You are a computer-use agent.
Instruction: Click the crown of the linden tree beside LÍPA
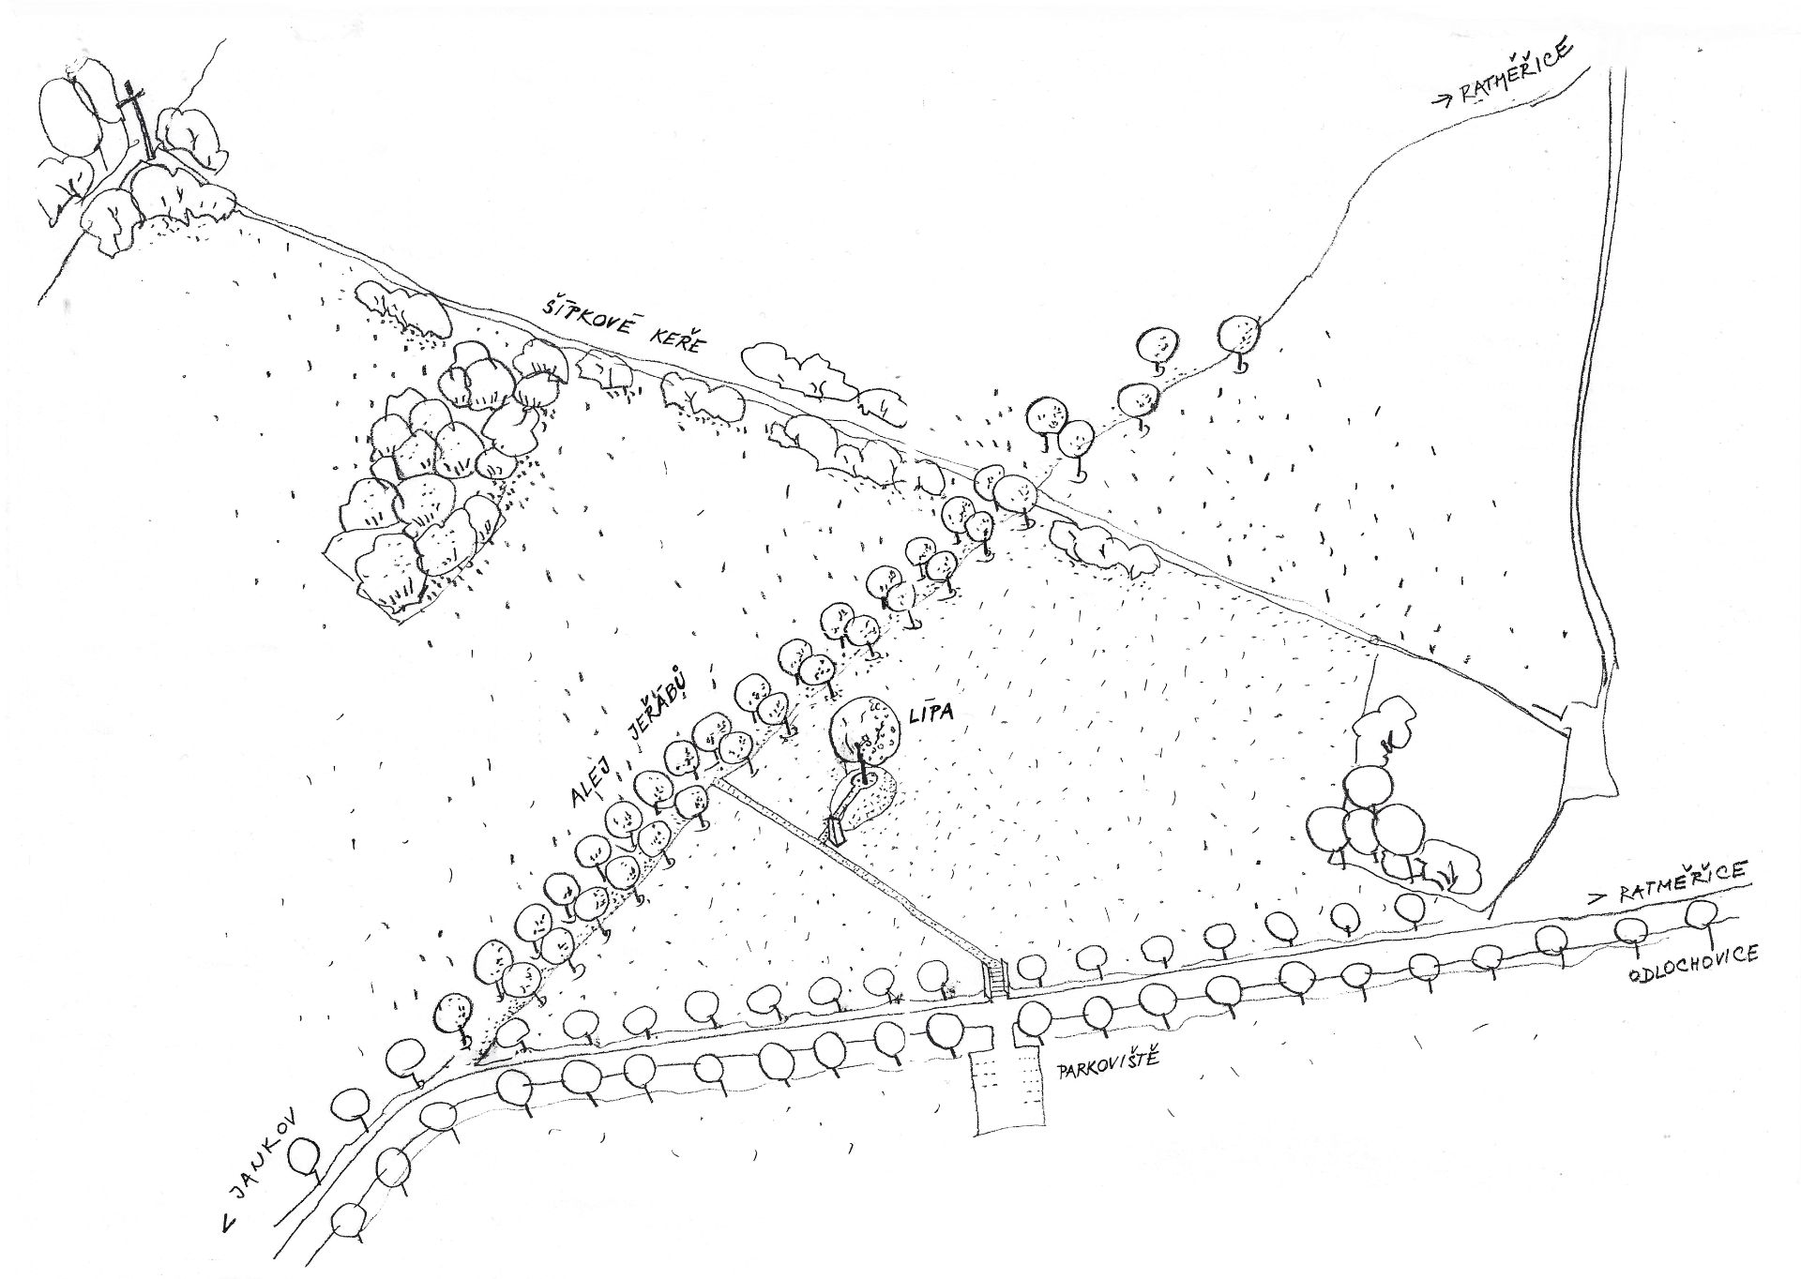pyautogui.click(x=865, y=727)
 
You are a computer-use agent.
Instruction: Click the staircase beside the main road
pyautogui.click(x=996, y=980)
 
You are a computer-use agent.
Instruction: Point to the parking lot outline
pyautogui.click(x=1007, y=1088)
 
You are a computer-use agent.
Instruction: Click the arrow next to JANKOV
pyautogui.click(x=226, y=1222)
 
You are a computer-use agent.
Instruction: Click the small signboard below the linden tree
pyautogui.click(x=832, y=831)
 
